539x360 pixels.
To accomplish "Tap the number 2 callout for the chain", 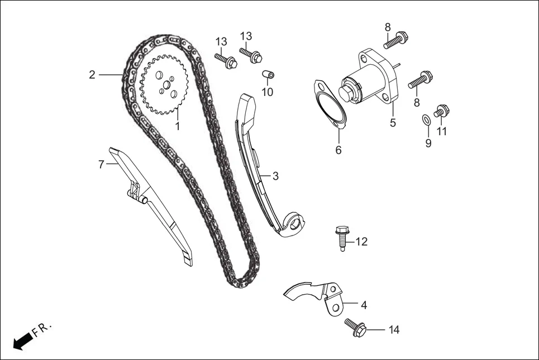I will (x=92, y=75).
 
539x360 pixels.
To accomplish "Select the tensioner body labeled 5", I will (x=373, y=80).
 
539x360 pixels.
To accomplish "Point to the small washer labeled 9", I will (x=426, y=118).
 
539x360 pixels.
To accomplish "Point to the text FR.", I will (x=41, y=330).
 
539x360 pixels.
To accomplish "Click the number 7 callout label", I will (x=101, y=165).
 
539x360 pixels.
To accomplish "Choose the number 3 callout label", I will (x=275, y=176).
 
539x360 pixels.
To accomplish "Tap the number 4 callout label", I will (x=364, y=305).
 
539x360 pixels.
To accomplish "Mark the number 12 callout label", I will (x=361, y=242).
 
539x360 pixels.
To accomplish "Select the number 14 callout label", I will (x=394, y=330).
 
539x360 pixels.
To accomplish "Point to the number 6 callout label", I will (x=338, y=150).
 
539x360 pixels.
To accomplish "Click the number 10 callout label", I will (x=268, y=92).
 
